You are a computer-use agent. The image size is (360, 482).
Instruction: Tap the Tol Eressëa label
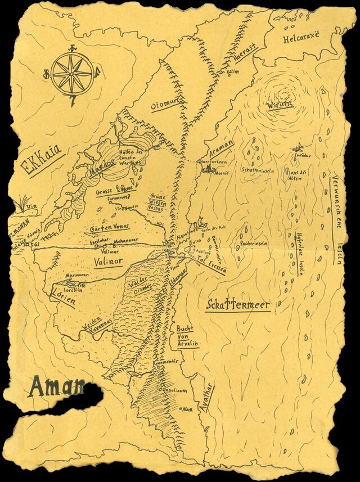210,263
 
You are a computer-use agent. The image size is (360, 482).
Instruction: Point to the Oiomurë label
164,103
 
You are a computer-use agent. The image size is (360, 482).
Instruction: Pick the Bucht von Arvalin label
188,336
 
